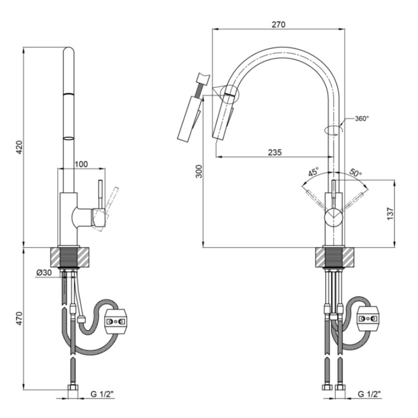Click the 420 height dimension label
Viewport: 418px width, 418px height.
20,147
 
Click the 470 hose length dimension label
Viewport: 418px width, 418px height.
20,318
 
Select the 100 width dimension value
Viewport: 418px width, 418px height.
81,164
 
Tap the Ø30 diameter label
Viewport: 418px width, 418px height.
44,273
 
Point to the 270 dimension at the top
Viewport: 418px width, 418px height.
278,25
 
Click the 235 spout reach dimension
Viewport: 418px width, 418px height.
274,152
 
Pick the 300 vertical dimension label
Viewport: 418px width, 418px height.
199,171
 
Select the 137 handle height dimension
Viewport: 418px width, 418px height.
390,214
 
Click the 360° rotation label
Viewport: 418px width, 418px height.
362,118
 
